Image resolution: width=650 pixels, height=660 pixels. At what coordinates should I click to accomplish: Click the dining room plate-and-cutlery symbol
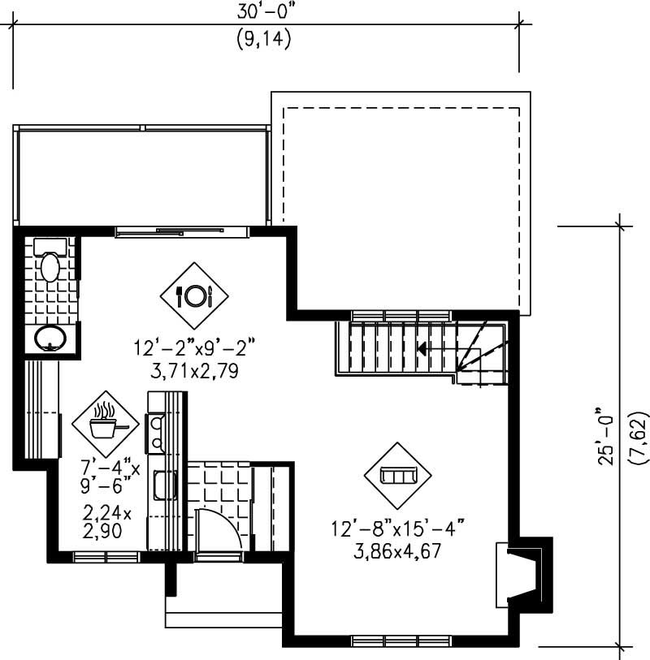pos(195,295)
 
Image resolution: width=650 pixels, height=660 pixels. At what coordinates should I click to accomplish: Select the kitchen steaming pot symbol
pos(103,421)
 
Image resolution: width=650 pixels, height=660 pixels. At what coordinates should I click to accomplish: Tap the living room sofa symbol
pos(397,474)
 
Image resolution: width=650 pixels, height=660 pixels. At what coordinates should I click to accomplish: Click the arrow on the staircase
pos(423,349)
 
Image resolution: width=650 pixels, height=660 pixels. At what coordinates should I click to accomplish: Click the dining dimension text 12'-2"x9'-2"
pos(195,348)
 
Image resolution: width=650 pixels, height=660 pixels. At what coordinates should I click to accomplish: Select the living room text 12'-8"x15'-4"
pos(397,528)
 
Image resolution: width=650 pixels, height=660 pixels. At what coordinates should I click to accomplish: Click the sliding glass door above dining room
pos(182,232)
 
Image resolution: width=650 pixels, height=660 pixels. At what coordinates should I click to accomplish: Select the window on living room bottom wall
pos(400,641)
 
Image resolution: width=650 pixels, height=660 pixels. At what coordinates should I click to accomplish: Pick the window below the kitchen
pos(106,557)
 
